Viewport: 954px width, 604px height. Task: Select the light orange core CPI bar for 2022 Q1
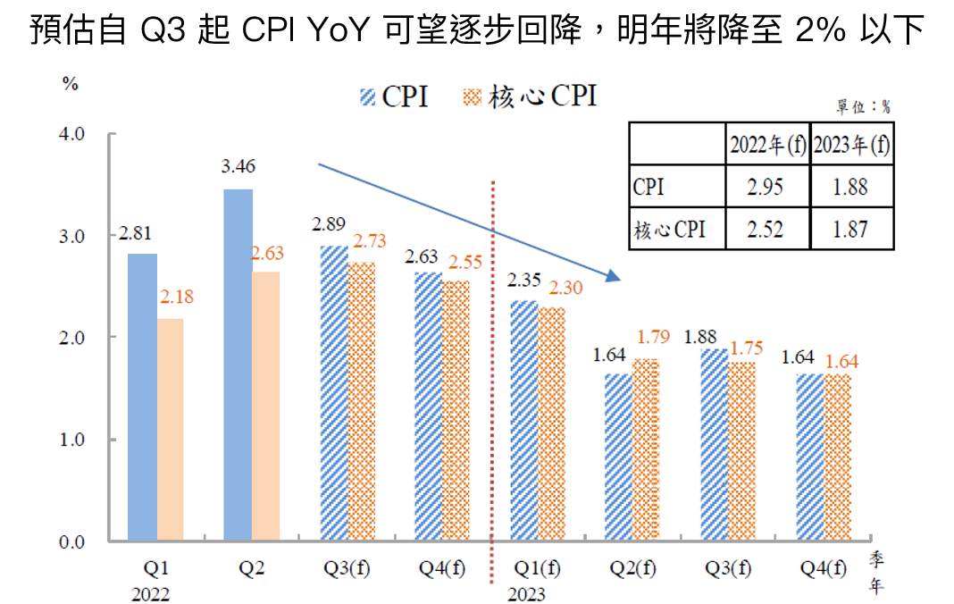[171, 430]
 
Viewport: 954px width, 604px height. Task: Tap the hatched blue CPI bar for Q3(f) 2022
[334, 393]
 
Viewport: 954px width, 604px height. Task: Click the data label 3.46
[238, 167]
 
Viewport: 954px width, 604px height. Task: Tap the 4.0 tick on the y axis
[71, 134]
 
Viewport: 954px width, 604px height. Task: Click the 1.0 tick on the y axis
[71, 440]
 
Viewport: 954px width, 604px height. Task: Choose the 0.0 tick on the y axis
[71, 541]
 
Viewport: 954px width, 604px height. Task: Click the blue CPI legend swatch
[367, 97]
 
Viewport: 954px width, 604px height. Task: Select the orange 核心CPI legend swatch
[473, 97]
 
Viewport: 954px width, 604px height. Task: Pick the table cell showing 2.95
[766, 188]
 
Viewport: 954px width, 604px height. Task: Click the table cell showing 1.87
[851, 229]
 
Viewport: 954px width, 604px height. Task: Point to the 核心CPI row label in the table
[669, 230]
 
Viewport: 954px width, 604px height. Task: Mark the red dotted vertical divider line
[493, 375]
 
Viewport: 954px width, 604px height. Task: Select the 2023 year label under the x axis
[526, 594]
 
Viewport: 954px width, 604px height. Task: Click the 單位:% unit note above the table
[863, 107]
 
